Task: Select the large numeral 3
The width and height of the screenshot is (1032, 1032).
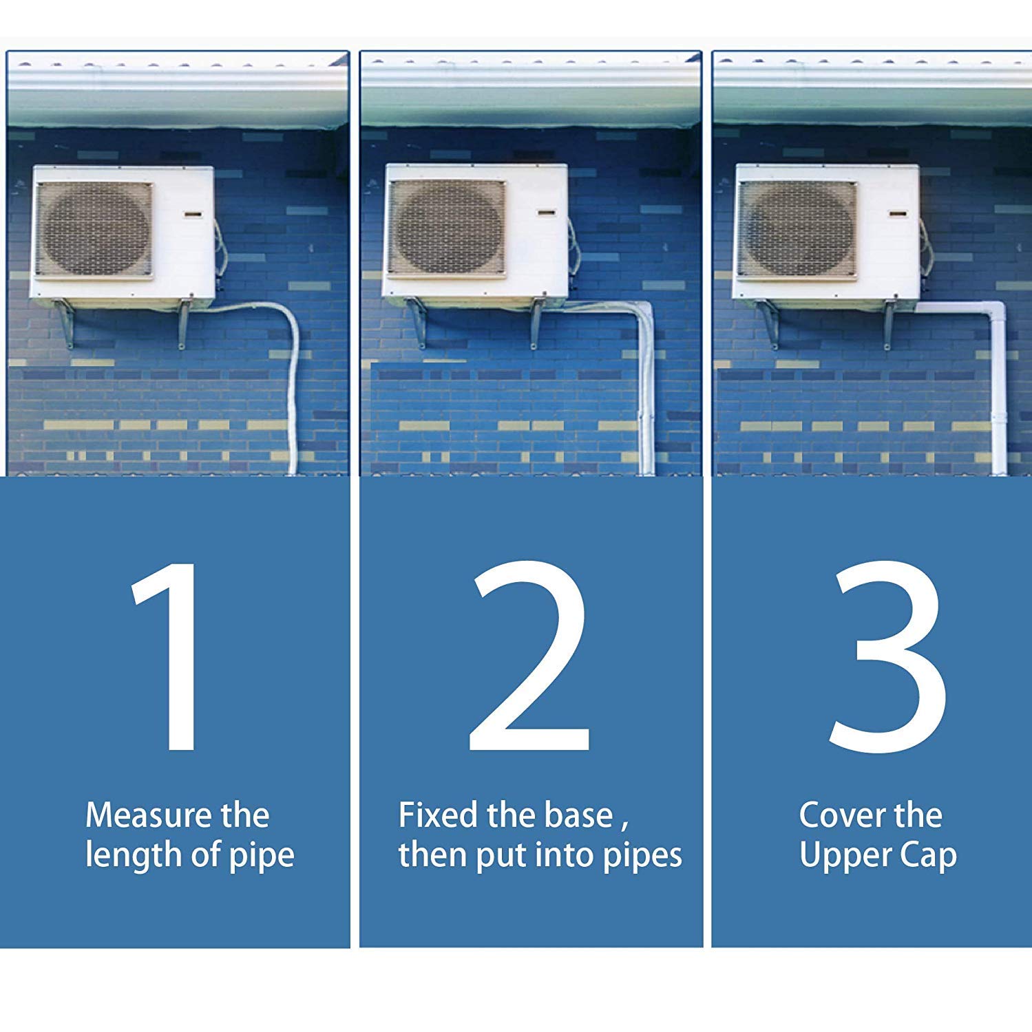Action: coord(888,656)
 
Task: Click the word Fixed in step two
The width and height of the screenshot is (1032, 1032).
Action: coord(438,815)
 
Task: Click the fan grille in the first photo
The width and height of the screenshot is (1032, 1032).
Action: coord(94,230)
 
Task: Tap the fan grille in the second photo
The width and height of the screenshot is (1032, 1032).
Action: coord(446,227)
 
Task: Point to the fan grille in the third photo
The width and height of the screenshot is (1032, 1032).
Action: coord(797,228)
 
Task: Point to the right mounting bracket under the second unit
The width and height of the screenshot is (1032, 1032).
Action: coord(537,323)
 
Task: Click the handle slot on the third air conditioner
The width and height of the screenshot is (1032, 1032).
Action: coord(898,213)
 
